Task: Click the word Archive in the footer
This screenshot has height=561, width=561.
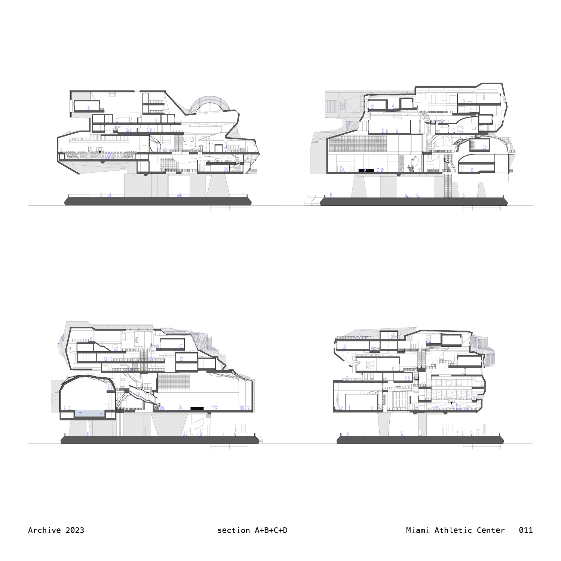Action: point(44,530)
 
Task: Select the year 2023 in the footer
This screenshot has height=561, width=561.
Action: point(75,530)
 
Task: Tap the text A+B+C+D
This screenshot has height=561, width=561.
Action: point(271,530)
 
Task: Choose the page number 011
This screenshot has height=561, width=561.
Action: point(525,530)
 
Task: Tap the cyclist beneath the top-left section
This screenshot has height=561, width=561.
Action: point(180,195)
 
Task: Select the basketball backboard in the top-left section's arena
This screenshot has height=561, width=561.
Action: point(100,150)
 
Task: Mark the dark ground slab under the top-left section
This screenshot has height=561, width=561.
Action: point(158,202)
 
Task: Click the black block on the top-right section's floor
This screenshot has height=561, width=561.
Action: point(366,171)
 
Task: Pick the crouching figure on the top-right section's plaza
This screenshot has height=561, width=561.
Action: point(407,196)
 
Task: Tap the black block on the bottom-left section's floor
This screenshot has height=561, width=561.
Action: point(197,408)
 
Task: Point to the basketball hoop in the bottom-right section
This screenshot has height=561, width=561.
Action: point(452,401)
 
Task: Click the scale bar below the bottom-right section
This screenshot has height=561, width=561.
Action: point(482,446)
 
